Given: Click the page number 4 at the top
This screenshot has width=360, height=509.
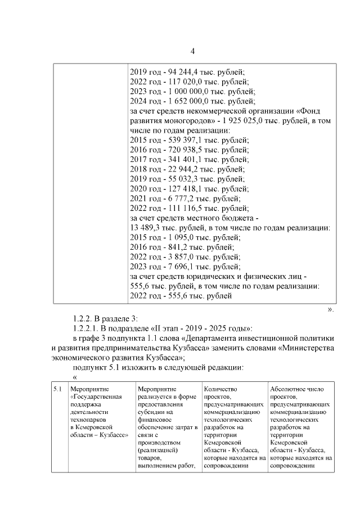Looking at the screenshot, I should (x=192, y=52).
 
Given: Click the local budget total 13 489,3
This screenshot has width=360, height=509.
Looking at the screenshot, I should (x=146, y=228).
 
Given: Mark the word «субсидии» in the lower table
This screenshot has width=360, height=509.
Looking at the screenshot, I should (x=150, y=411).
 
